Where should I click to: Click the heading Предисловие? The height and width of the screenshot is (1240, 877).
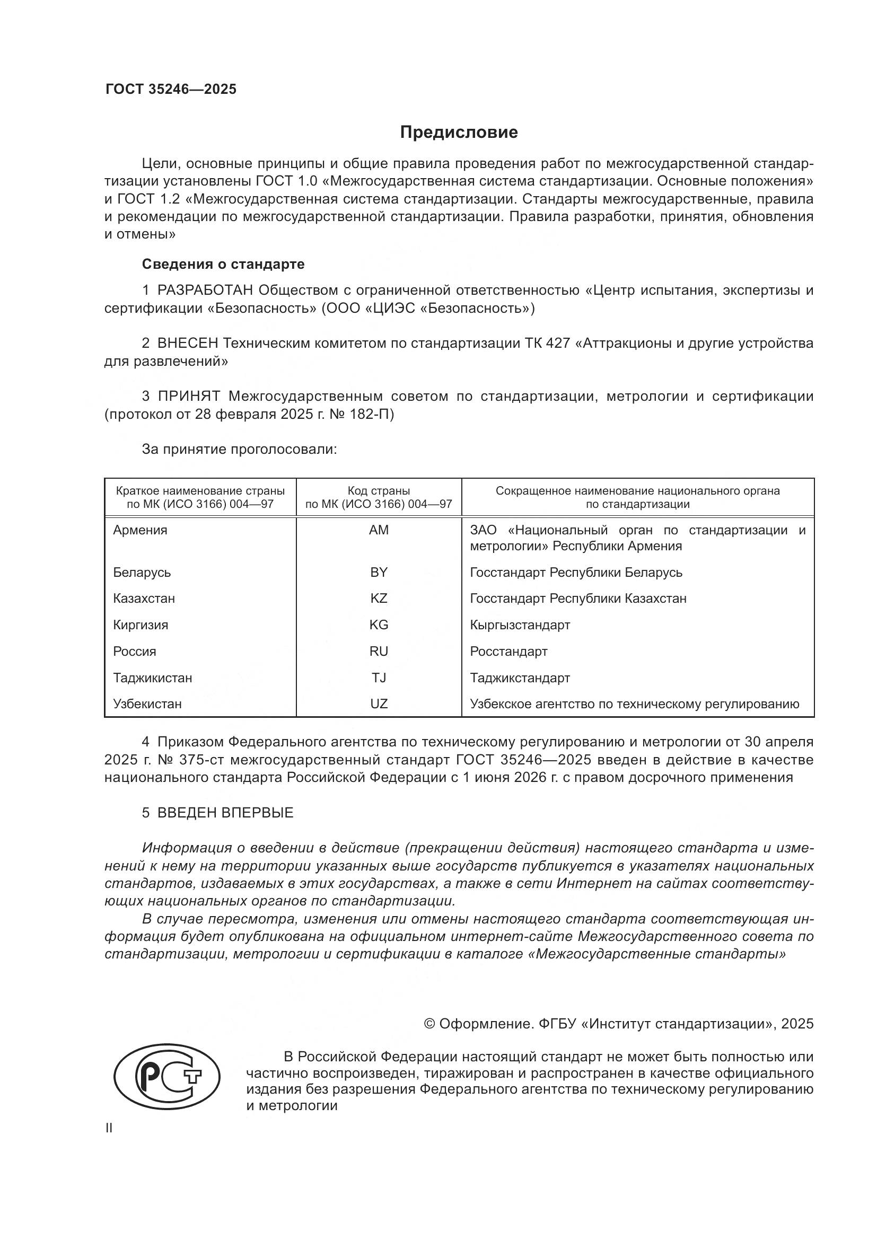(x=459, y=133)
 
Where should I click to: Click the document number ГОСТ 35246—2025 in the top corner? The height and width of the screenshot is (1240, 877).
(x=171, y=90)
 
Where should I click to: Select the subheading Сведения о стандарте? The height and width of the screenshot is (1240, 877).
(x=223, y=264)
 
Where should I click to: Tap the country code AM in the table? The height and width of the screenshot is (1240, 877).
(x=379, y=530)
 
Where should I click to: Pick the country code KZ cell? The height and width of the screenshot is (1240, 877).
(x=379, y=599)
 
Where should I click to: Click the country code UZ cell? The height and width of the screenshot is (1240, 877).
(x=379, y=703)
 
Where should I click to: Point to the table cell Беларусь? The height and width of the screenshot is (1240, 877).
(x=142, y=573)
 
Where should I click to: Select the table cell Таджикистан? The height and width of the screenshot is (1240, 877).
(x=152, y=678)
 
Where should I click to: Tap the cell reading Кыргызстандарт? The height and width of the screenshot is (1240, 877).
(x=520, y=625)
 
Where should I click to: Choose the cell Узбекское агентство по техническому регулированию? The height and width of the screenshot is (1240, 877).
(x=634, y=703)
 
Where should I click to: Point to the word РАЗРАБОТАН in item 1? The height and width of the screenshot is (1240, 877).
(x=205, y=291)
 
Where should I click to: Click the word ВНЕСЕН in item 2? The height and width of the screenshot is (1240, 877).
(x=187, y=344)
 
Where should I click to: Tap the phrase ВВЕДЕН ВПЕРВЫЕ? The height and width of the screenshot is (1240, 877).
(x=225, y=813)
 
